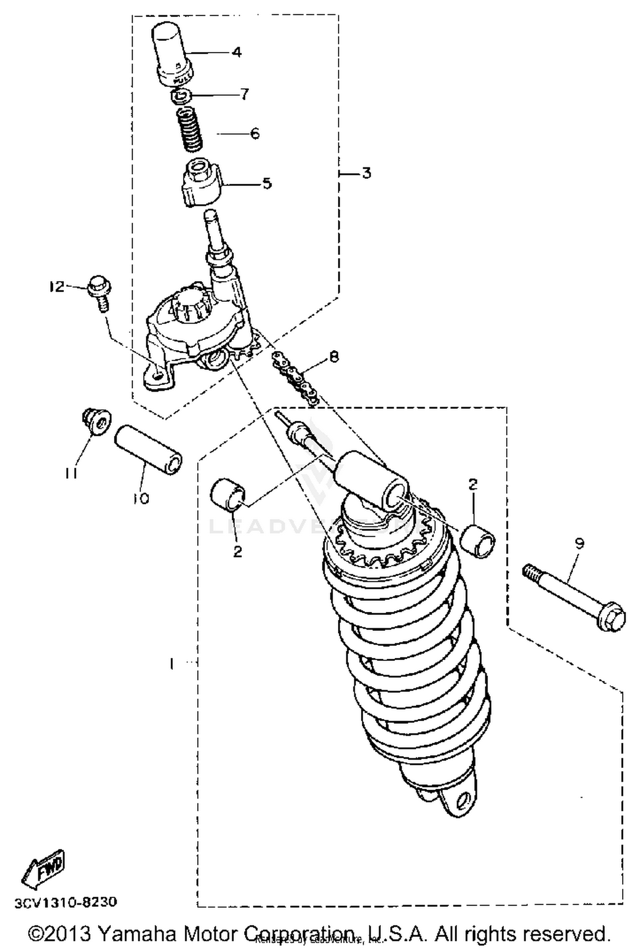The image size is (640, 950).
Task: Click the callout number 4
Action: tap(237, 52)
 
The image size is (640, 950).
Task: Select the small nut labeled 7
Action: tap(181, 96)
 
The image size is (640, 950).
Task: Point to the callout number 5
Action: tap(266, 184)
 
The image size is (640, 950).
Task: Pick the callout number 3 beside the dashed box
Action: tap(366, 174)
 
